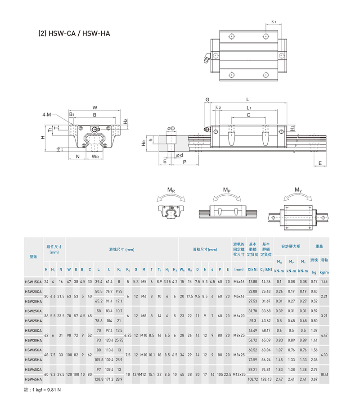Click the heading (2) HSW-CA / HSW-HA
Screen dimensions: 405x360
[x=75, y=33]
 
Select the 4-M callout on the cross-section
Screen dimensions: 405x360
[x=46, y=115]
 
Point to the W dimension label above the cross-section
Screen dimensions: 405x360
[x=95, y=107]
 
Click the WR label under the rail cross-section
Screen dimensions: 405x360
[x=95, y=157]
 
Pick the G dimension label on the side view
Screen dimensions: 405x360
[x=207, y=99]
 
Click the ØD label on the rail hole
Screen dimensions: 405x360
[x=171, y=129]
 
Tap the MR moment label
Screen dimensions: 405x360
[x=171, y=190]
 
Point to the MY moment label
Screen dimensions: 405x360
[x=298, y=190]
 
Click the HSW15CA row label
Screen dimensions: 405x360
[x=33, y=281]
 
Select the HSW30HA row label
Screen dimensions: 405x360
[x=33, y=340]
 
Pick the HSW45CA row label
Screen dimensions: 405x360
[x=33, y=369]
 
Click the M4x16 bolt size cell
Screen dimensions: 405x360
[x=239, y=281]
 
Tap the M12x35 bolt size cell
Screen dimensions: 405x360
[x=239, y=374]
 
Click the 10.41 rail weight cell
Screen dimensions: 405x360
[x=324, y=374]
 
